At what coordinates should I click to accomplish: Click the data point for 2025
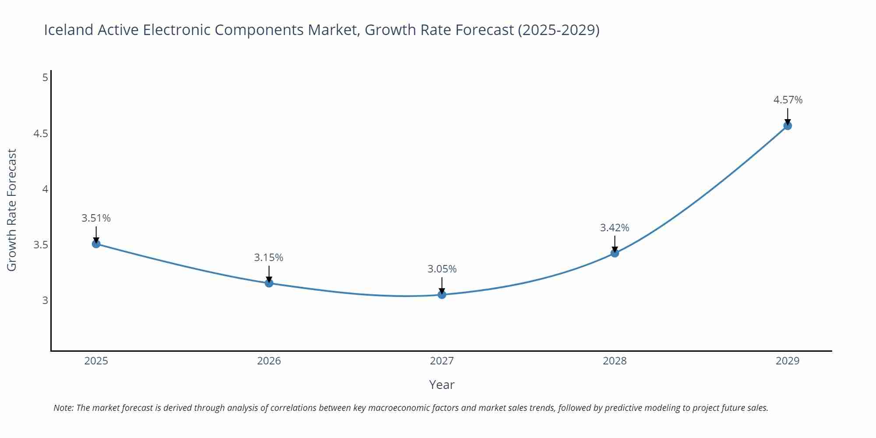96,244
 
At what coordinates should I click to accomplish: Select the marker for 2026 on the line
269,283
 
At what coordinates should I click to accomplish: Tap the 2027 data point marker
442,294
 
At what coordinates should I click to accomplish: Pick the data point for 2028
615,253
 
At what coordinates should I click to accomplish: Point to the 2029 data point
788,126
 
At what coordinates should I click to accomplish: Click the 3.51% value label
96,218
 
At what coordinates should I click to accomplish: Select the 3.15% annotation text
268,258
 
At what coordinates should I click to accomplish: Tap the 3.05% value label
442,269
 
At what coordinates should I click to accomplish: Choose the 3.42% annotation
615,228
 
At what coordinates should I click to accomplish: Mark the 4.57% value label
788,100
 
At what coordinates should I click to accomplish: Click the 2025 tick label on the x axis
96,361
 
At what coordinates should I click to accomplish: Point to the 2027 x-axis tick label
442,361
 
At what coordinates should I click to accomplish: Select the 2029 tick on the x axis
788,361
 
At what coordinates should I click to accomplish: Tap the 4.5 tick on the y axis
41,134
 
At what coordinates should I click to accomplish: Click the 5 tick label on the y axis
45,78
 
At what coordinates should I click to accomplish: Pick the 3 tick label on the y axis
45,300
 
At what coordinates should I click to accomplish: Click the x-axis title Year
442,385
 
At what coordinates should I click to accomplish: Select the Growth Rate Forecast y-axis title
12,210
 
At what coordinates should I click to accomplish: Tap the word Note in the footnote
63,408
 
